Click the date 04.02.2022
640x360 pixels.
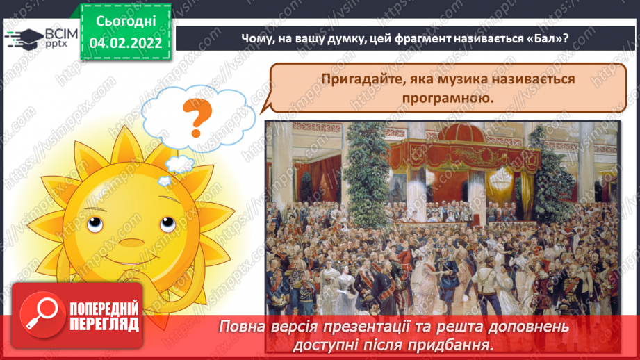click(126, 43)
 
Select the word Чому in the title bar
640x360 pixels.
click(256, 38)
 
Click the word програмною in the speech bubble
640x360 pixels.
click(447, 98)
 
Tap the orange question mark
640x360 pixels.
click(197, 118)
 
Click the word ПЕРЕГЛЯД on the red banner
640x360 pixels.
click(104, 323)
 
